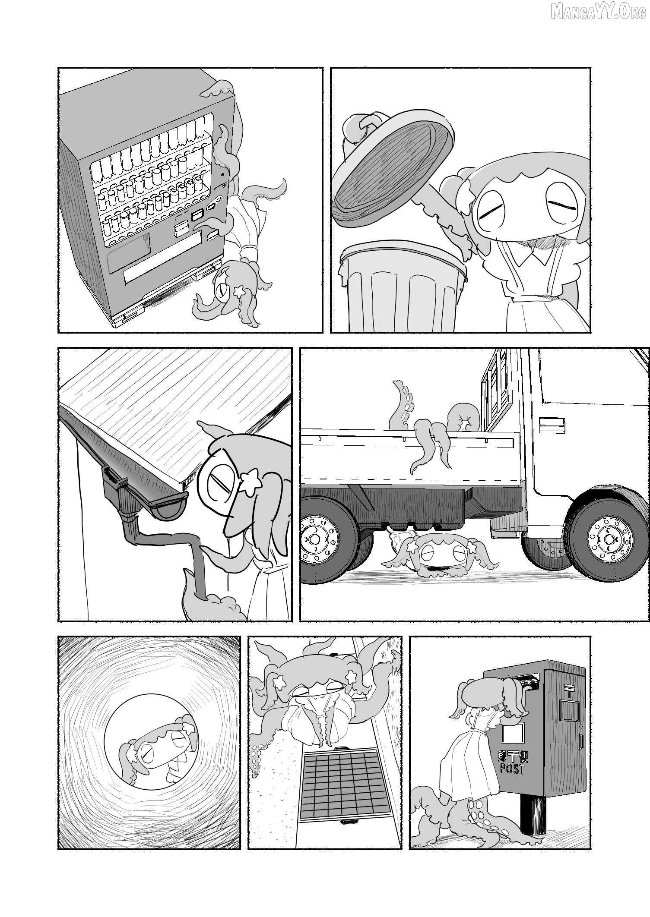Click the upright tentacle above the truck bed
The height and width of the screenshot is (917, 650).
click(x=401, y=406)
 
